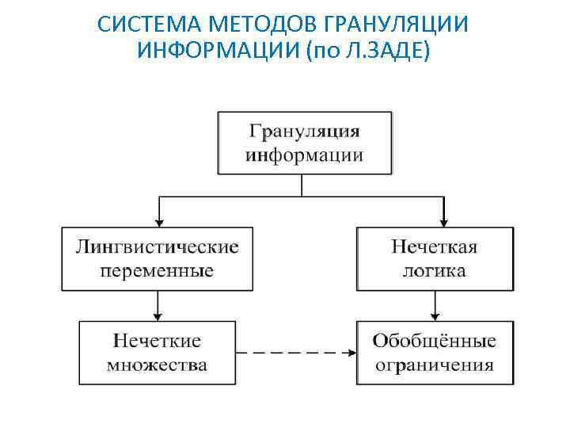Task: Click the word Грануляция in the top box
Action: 304,130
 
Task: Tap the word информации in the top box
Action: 304,155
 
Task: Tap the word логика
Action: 434,271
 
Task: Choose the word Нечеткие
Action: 157,341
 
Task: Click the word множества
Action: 157,365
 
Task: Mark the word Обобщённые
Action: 434,341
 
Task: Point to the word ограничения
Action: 434,365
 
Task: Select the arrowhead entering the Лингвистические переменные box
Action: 159,223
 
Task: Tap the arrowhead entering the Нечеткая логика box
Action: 443,223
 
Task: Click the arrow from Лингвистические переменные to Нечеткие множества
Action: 159,305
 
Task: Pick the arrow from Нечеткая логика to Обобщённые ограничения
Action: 435,305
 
